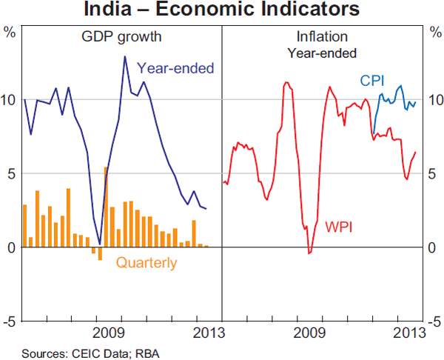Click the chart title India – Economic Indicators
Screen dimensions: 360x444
coord(222,10)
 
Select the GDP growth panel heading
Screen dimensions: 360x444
coord(121,36)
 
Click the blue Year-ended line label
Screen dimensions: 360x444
coord(175,68)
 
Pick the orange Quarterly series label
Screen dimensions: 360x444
coord(147,262)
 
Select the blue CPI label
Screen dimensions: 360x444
coord(371,80)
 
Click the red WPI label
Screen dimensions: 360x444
coord(338,224)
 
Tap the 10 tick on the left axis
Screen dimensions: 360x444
coord(10,99)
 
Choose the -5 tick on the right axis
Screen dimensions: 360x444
coord(433,321)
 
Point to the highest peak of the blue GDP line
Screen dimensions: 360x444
coord(124,57)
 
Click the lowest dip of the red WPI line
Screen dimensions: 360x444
coord(309,253)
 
